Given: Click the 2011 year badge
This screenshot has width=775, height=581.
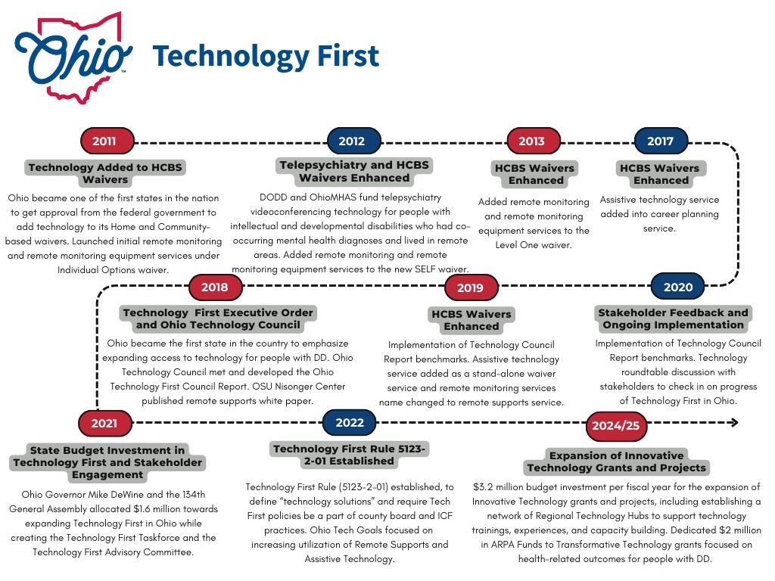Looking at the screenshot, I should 107,141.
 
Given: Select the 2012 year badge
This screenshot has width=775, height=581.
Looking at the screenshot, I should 352,141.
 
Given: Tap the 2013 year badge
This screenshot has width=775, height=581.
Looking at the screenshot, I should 531,141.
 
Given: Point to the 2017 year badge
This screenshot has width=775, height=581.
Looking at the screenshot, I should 660,141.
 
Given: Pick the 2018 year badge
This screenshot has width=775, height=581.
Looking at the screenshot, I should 214,287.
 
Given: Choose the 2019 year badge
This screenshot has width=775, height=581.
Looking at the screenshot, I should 470,287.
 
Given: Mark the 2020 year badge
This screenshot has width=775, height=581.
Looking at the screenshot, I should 677,287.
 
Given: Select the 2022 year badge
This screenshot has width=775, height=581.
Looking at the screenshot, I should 350,422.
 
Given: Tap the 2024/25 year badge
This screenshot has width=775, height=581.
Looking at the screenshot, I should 615,426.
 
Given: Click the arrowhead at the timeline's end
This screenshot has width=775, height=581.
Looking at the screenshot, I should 733,423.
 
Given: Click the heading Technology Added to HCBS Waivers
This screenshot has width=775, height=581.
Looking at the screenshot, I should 105,173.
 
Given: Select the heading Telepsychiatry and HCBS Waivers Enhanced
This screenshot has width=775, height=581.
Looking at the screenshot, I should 354,171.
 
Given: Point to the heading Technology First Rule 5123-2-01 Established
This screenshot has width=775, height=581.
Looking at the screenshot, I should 350,455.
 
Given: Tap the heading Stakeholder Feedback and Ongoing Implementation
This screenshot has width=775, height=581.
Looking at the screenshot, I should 673,318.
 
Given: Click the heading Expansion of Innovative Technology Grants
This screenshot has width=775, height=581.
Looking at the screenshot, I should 616,461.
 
